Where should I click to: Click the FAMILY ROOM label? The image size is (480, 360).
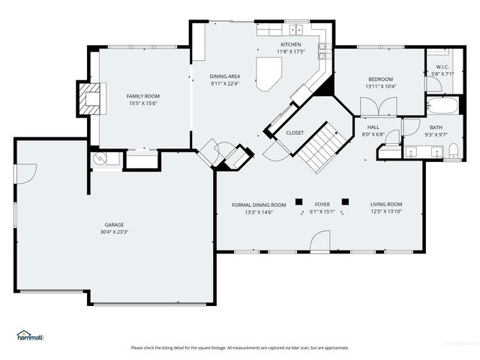click(x=142, y=96)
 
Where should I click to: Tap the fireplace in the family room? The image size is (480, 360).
click(x=88, y=97)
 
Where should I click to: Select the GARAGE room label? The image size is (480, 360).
click(x=115, y=224)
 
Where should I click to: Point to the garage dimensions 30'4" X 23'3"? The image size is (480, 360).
click(x=115, y=232)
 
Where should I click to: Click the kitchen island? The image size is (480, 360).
click(x=268, y=74)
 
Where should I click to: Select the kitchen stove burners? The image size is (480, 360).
click(x=323, y=50)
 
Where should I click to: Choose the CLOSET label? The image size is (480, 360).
click(x=295, y=133)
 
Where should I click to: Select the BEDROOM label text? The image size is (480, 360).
click(x=380, y=79)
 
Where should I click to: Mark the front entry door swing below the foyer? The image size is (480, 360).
click(x=319, y=241)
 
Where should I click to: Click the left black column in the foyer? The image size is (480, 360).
click(x=298, y=201)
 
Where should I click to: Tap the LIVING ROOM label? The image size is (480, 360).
click(x=386, y=204)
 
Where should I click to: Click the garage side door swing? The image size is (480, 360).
click(x=25, y=172)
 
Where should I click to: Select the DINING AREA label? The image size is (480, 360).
click(x=225, y=76)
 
